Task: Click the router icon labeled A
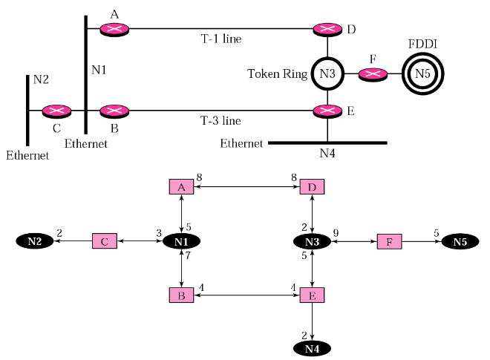pyautogui.click(x=114, y=29)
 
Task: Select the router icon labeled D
pyautogui.click(x=327, y=29)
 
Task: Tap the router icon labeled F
pyautogui.click(x=373, y=73)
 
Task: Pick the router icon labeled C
pyautogui.click(x=56, y=111)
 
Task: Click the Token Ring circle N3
pyautogui.click(x=327, y=73)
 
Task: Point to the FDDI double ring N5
pyautogui.click(x=422, y=73)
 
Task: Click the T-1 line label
pyautogui.click(x=221, y=38)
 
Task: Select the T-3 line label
pyautogui.click(x=221, y=120)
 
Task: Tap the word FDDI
pyautogui.click(x=422, y=45)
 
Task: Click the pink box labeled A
pyautogui.click(x=181, y=186)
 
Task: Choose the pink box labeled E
pyautogui.click(x=312, y=295)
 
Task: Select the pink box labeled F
pyautogui.click(x=390, y=241)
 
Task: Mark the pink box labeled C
pyautogui.click(x=105, y=241)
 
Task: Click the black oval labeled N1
pyautogui.click(x=181, y=241)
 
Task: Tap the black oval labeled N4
pyautogui.click(x=312, y=348)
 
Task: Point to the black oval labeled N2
pyautogui.click(x=34, y=241)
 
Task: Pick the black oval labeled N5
pyautogui.click(x=461, y=241)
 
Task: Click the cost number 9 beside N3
pyautogui.click(x=336, y=232)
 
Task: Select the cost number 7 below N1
pyautogui.click(x=189, y=255)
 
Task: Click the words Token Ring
pyautogui.click(x=276, y=74)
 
